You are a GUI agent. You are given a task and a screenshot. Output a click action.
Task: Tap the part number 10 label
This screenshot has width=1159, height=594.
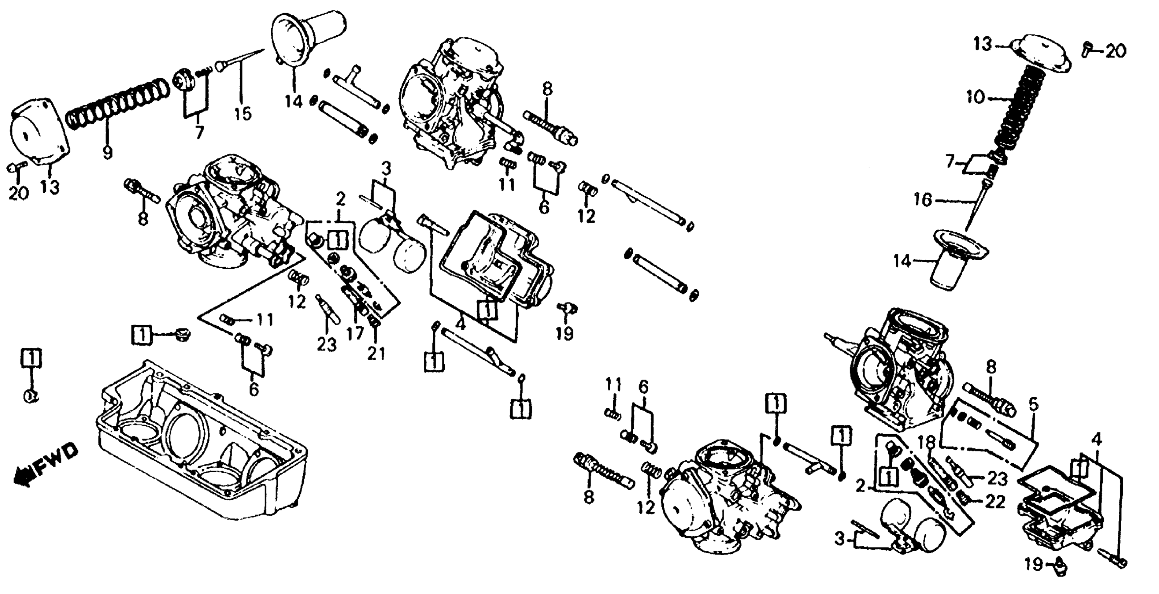[x=975, y=97]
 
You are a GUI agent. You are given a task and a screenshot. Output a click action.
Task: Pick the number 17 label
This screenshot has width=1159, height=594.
[x=355, y=333]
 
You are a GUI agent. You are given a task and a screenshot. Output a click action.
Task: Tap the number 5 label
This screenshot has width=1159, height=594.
[x=1034, y=405]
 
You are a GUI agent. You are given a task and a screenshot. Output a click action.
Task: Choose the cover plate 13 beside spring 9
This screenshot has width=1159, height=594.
[x=38, y=139]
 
